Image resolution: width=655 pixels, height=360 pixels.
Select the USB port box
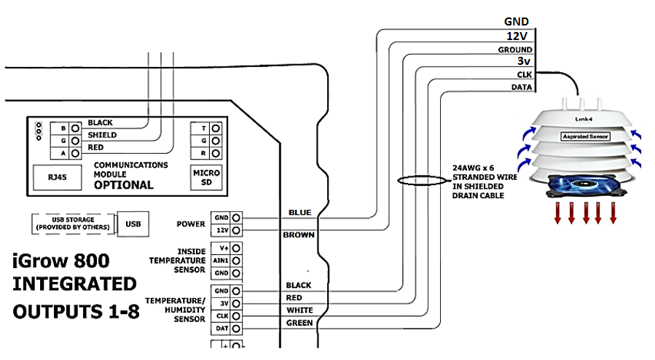132,223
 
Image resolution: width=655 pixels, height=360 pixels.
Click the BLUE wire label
299,212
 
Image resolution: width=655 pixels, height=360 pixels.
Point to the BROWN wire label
299,235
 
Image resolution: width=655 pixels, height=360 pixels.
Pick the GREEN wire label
299,323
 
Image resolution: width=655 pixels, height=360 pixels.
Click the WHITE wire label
299,310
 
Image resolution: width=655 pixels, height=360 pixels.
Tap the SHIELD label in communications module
102,135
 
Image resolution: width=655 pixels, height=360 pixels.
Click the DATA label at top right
520,87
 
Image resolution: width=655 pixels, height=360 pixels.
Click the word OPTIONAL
123,184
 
